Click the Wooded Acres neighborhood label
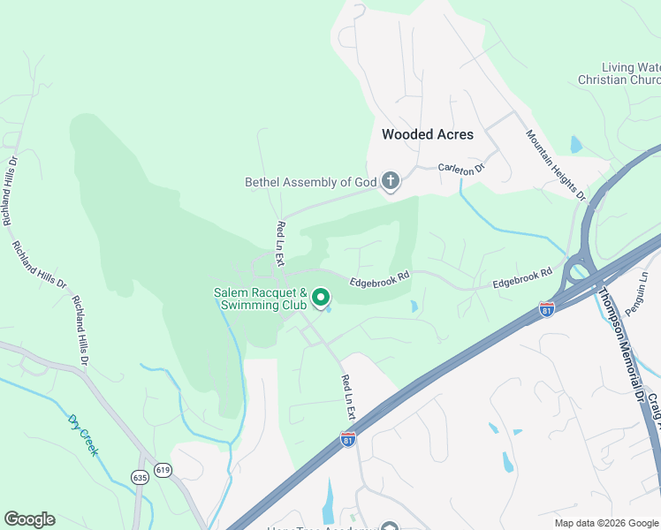(428, 135)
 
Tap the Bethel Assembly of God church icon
(390, 183)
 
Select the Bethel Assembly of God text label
(310, 183)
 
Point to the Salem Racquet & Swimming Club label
(260, 299)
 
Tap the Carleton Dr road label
(462, 166)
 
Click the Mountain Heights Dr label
(556, 165)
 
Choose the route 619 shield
(162, 470)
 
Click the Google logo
(29, 519)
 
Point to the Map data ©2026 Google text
(606, 523)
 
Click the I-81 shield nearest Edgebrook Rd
(547, 309)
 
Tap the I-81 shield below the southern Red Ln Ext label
(348, 439)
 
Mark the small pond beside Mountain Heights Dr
(576, 144)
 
